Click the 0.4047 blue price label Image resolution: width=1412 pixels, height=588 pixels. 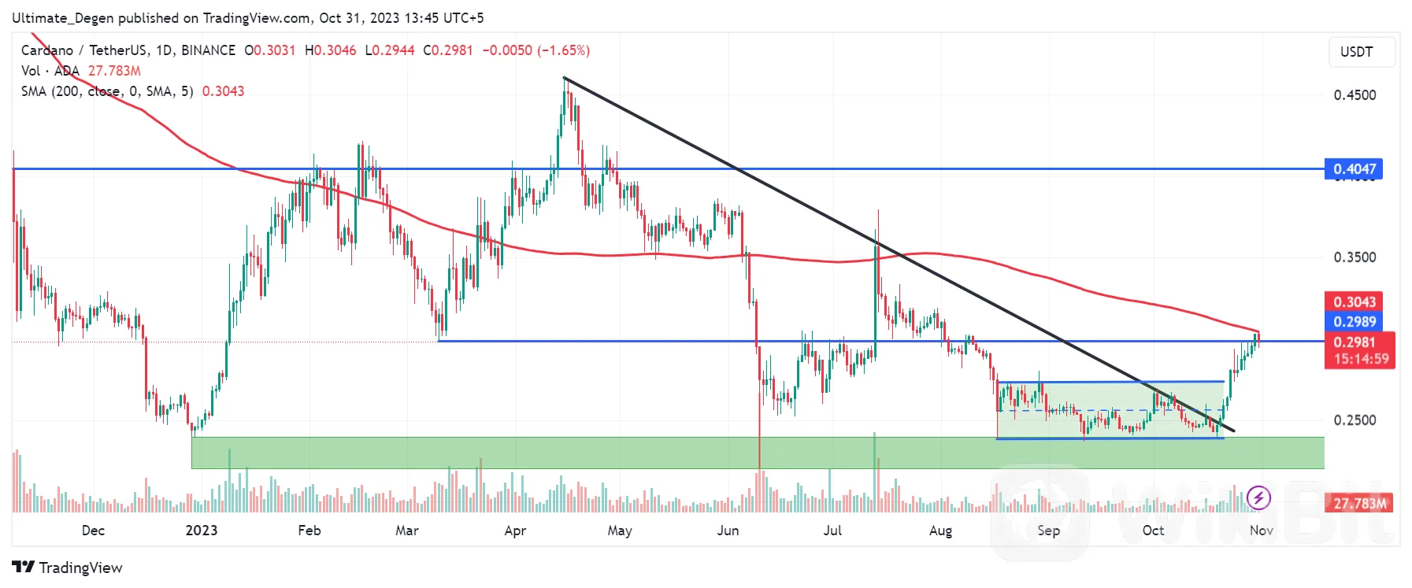(x=1354, y=169)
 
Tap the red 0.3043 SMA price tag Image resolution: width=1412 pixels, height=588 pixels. (x=1354, y=301)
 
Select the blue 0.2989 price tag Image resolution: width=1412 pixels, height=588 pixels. (x=1354, y=321)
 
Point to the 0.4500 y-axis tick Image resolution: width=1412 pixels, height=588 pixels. (x=1355, y=95)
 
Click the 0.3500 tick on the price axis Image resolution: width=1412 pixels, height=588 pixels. (x=1355, y=257)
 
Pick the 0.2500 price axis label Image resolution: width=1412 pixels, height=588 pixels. (x=1355, y=420)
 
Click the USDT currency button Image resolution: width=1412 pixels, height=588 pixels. (x=1356, y=52)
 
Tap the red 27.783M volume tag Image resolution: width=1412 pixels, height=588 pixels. (x=1360, y=503)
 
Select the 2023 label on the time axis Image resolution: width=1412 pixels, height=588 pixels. (x=201, y=531)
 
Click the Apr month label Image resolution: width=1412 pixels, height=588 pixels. (x=515, y=531)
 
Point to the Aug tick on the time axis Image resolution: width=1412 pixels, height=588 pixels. (x=940, y=531)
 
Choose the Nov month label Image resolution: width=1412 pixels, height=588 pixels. (x=1261, y=531)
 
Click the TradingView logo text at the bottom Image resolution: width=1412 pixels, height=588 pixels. (x=68, y=568)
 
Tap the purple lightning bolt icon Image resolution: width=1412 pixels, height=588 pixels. (x=1258, y=497)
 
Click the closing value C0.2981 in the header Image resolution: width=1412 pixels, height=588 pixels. (x=448, y=50)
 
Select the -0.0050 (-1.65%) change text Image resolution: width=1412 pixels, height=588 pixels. (x=536, y=50)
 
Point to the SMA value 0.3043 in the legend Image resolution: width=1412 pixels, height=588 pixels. (x=223, y=91)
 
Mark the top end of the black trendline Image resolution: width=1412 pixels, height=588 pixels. (x=565, y=78)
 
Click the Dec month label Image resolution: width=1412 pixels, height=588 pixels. (x=93, y=531)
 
